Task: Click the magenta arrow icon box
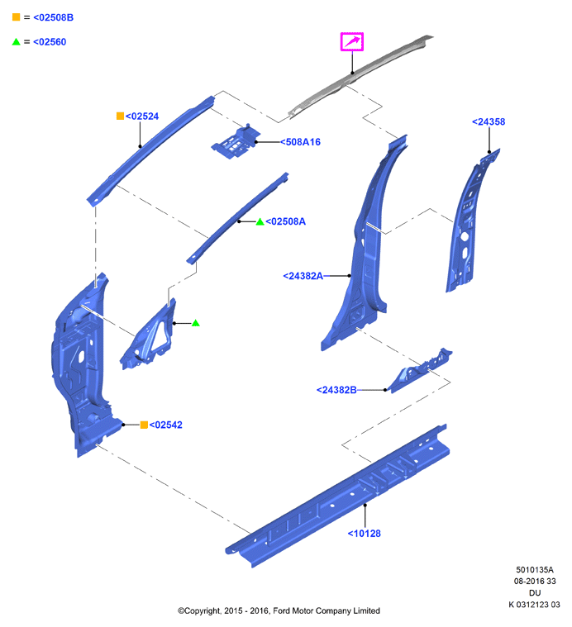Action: pyautogui.click(x=351, y=41)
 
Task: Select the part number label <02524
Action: pyautogui.click(x=142, y=116)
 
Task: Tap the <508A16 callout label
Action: pyautogui.click(x=300, y=142)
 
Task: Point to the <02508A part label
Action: pyautogui.click(x=286, y=221)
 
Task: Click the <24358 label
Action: pyautogui.click(x=489, y=121)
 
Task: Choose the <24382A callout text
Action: pyautogui.click(x=303, y=276)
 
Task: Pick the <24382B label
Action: pyautogui.click(x=336, y=389)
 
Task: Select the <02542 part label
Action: pyautogui.click(x=165, y=425)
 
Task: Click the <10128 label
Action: pyautogui.click(x=364, y=533)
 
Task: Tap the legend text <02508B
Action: pyautogui.click(x=53, y=17)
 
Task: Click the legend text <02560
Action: pyautogui.click(x=50, y=41)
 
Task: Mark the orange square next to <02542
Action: pyautogui.click(x=144, y=425)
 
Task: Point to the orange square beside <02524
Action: pyautogui.click(x=120, y=116)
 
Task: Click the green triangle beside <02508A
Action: pyautogui.click(x=260, y=221)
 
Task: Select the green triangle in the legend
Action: pyautogui.click(x=16, y=41)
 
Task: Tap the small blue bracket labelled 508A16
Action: pyautogui.click(x=236, y=142)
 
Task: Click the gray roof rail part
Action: pyautogui.click(x=360, y=76)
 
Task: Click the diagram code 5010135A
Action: pyautogui.click(x=535, y=569)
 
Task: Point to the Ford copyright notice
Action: pyautogui.click(x=279, y=610)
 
